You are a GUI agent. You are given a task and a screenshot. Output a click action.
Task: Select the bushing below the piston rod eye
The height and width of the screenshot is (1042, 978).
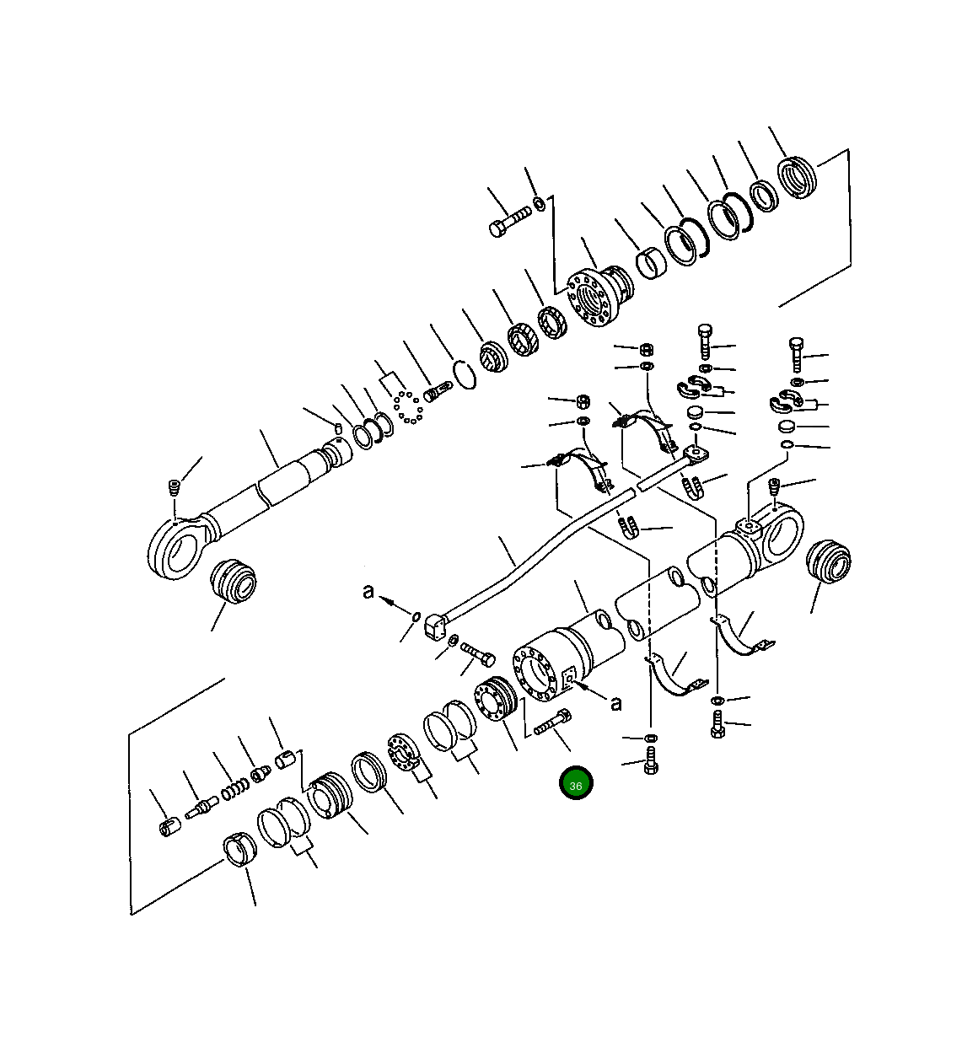(233, 581)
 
